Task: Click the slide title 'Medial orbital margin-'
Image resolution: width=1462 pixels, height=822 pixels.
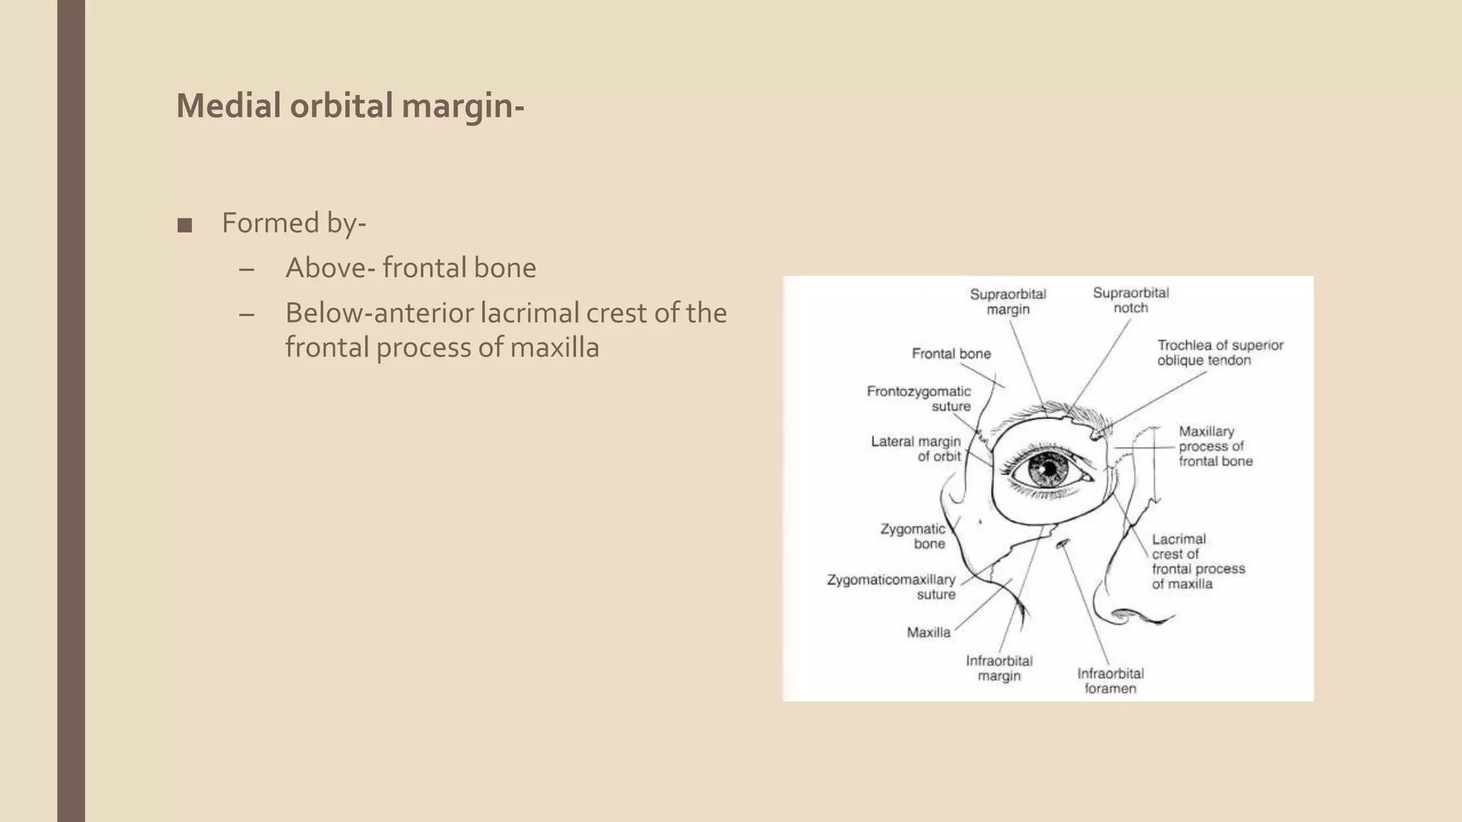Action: click(x=350, y=106)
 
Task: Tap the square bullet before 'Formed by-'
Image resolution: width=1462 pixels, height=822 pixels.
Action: click(x=184, y=225)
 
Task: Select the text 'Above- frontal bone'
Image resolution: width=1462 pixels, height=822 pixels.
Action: click(x=410, y=268)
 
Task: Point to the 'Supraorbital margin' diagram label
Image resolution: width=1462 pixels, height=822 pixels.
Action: click(x=1007, y=301)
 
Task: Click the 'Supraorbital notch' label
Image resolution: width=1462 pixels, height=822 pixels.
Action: click(x=1130, y=300)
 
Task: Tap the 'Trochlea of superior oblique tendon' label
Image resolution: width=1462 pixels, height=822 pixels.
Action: click(x=1219, y=352)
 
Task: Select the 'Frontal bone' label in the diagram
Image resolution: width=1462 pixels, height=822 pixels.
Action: click(x=951, y=353)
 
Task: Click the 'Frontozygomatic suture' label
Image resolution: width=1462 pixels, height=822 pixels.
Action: click(x=919, y=398)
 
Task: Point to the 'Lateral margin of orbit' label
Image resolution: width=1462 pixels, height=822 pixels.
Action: click(x=916, y=448)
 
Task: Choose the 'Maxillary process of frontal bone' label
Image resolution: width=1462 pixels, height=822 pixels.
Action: click(x=1215, y=446)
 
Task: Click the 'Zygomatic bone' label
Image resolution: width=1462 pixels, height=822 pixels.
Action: click(x=913, y=536)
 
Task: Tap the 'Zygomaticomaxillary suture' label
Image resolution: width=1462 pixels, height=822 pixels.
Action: click(x=891, y=587)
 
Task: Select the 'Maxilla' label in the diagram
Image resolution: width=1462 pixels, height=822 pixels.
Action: click(x=928, y=632)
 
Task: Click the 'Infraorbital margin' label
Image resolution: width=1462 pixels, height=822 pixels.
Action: click(x=999, y=668)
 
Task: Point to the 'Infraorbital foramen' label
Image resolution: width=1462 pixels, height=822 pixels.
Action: click(x=1110, y=681)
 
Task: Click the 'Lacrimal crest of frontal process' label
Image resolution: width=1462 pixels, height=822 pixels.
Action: click(x=1197, y=561)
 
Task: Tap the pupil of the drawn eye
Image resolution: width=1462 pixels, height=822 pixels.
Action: click(x=1048, y=470)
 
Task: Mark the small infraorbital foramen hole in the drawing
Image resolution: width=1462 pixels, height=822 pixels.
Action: click(x=1063, y=544)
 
